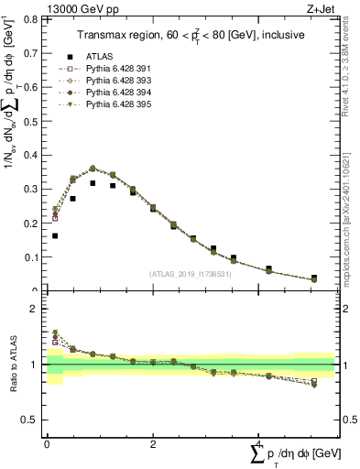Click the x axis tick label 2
tap(152, 444)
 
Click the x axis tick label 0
tap(47, 444)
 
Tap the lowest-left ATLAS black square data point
tap(55, 235)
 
